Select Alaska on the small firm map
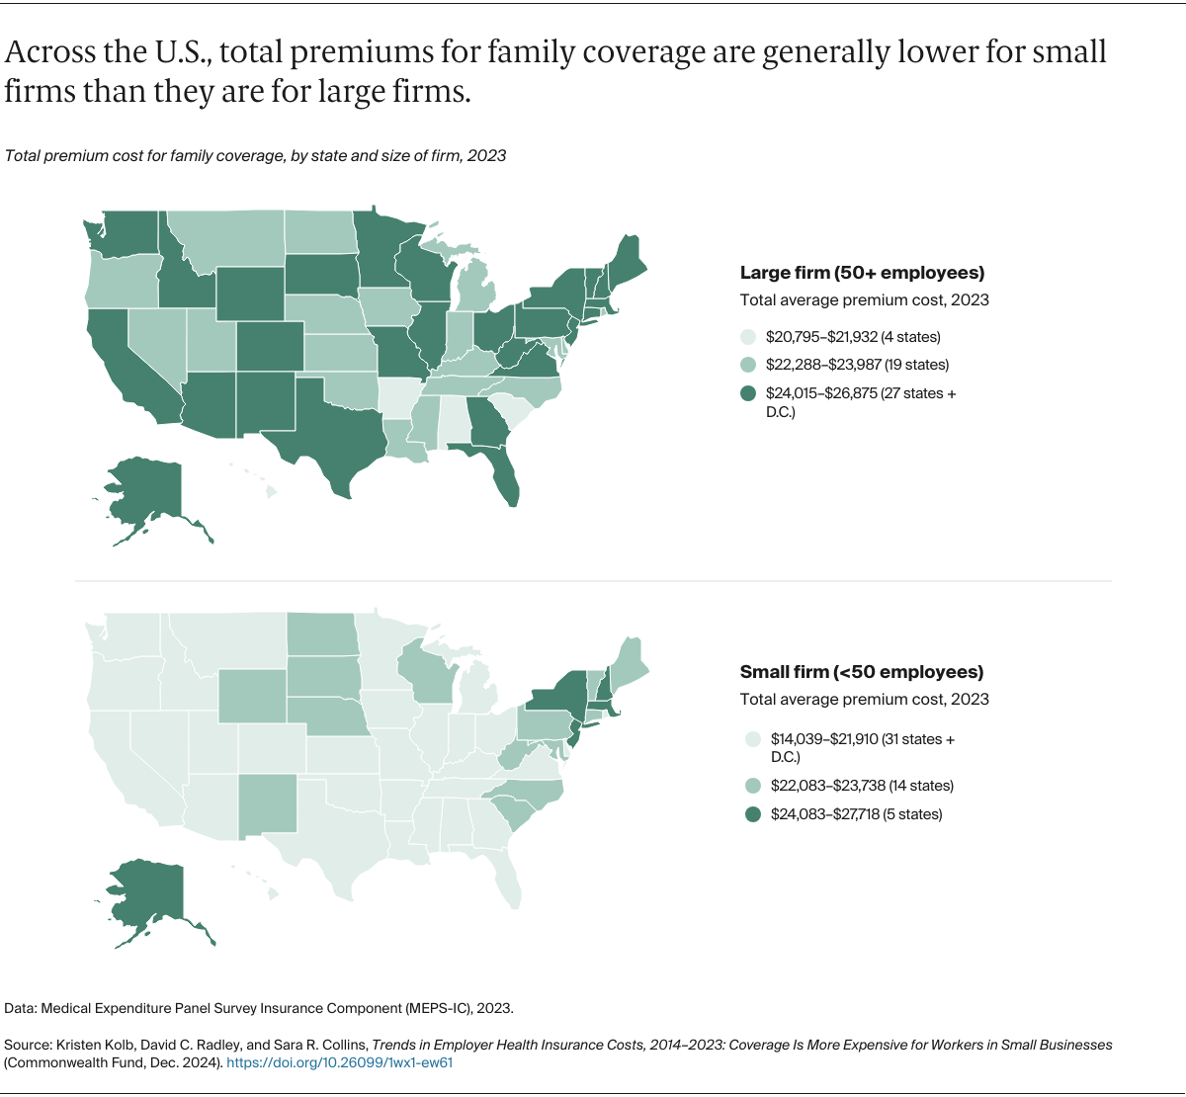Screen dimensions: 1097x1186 point(148,894)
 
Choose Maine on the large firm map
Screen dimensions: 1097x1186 point(628,262)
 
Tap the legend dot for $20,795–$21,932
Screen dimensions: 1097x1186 point(748,337)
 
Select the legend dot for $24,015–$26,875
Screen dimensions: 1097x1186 point(748,393)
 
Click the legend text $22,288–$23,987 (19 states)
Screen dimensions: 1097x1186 point(857,365)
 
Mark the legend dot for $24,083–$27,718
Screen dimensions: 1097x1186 point(752,814)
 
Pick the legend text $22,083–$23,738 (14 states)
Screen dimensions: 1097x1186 point(862,786)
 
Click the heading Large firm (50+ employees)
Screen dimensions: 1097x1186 point(862,273)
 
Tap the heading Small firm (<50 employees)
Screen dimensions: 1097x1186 point(862,672)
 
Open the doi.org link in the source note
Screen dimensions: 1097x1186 point(339,1062)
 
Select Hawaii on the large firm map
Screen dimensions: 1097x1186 point(269,489)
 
